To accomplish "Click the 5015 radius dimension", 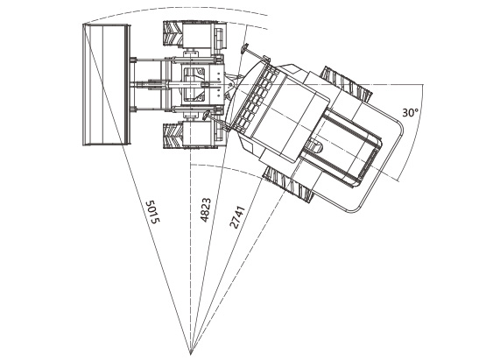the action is point(152,212).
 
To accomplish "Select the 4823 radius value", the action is point(206,210).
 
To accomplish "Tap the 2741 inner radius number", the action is point(237,217).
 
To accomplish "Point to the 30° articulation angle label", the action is point(410,113).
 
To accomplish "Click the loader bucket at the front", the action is point(106,85).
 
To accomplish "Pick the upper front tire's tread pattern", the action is point(173,33).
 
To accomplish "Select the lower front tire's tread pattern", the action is point(173,136).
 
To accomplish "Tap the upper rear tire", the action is point(348,84).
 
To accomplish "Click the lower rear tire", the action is point(286,184).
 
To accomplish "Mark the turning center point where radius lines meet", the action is point(190,354).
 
